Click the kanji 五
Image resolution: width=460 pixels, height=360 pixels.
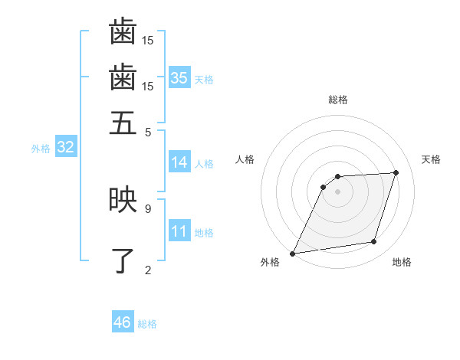click(123, 123)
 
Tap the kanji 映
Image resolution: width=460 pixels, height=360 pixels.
click(123, 200)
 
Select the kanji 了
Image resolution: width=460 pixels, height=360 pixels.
click(123, 261)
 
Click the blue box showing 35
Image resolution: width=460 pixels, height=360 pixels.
click(179, 78)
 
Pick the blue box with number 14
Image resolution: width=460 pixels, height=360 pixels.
click(179, 162)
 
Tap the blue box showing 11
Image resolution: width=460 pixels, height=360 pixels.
click(179, 232)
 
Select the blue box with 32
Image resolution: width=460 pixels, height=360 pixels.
click(66, 148)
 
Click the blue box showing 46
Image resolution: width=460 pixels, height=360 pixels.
click(123, 322)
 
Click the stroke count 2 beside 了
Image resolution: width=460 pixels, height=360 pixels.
click(147, 270)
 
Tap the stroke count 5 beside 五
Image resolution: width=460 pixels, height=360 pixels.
click(147, 131)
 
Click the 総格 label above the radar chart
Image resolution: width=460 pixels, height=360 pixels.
click(337, 100)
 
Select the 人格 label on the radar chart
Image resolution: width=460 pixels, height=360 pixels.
click(245, 159)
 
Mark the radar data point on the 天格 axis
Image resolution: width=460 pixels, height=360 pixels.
click(396, 172)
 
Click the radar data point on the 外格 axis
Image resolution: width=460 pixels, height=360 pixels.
click(292, 253)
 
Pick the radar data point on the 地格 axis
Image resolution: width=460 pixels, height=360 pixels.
click(374, 242)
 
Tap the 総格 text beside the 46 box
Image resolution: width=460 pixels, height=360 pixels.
click(147, 324)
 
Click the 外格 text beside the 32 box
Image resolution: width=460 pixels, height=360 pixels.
click(41, 149)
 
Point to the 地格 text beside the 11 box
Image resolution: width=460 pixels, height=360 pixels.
click(204, 233)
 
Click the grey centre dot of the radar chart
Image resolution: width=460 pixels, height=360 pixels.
click(337, 191)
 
